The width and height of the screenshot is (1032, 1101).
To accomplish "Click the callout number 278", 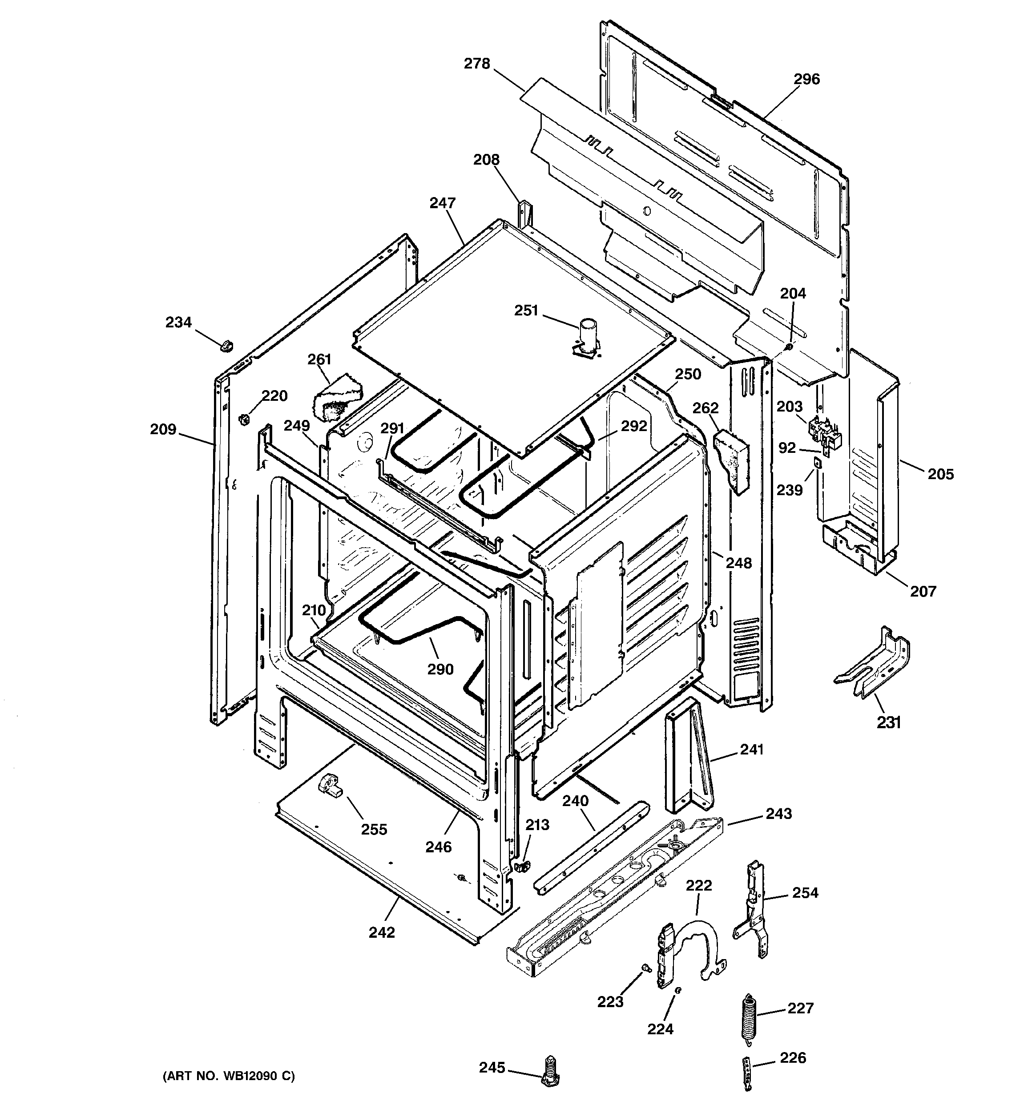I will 476,64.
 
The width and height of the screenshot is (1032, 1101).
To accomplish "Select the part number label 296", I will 806,79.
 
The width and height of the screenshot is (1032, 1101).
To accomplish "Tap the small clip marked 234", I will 226,346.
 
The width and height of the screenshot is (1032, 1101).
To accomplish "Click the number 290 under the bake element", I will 440,669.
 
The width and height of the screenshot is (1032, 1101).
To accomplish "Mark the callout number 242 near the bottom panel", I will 382,933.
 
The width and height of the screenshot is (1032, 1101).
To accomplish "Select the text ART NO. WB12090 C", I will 228,1077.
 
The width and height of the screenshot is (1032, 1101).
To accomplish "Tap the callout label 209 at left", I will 163,429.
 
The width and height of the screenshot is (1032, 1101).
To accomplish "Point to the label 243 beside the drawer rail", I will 778,814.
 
